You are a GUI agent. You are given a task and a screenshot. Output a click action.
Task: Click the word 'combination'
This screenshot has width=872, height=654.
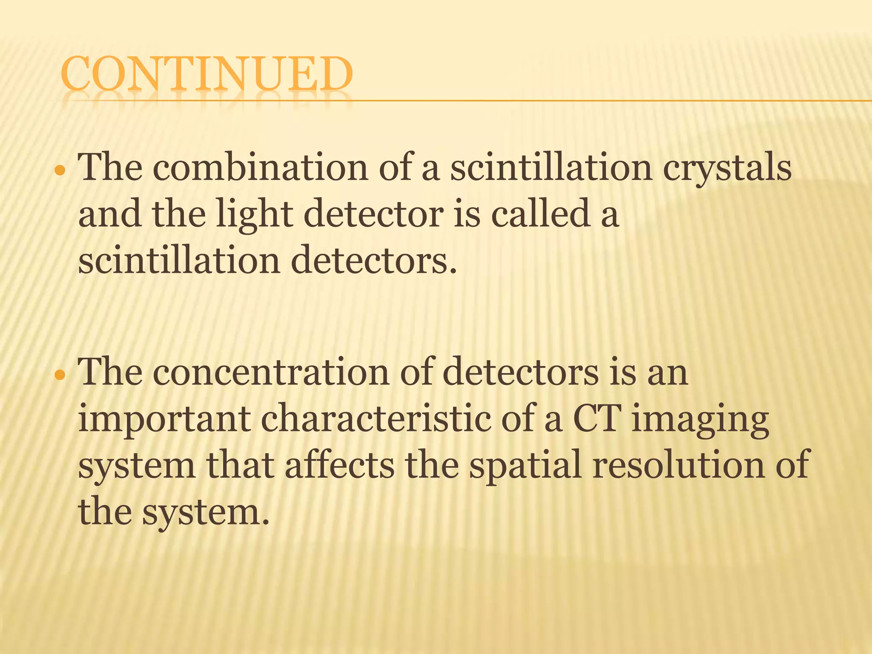[260, 167]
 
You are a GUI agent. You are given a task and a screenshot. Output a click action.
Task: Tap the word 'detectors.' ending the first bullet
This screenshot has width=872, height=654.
[374, 260]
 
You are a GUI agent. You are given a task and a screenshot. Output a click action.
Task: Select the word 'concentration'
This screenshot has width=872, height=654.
[271, 372]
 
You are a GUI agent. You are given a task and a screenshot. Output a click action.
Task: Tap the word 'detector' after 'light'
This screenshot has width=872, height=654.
[373, 213]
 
